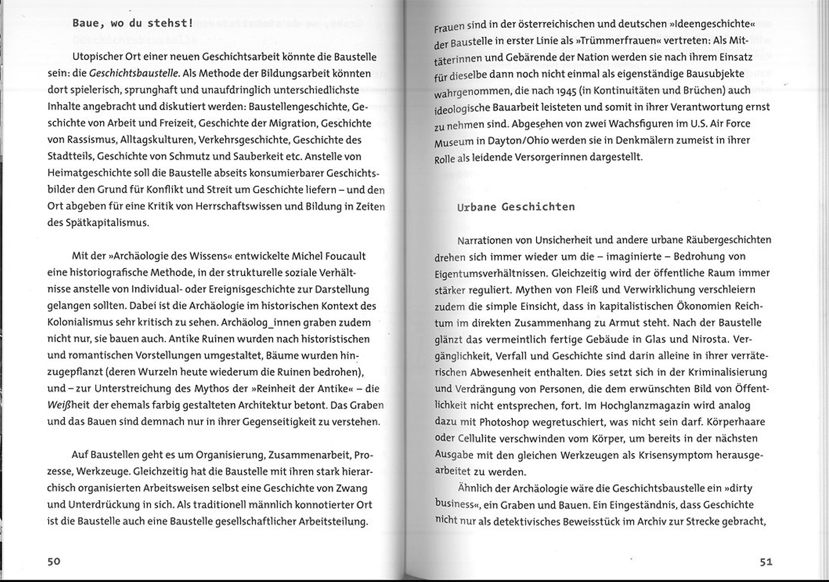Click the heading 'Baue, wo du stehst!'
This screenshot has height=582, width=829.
click(x=133, y=24)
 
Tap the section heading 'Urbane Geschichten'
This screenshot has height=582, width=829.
click(x=516, y=207)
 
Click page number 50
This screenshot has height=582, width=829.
click(x=54, y=561)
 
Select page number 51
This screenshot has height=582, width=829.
click(x=766, y=562)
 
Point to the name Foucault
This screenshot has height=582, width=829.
click(x=344, y=256)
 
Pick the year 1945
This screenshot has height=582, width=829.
click(x=569, y=91)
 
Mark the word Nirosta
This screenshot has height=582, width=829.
click(x=710, y=339)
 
